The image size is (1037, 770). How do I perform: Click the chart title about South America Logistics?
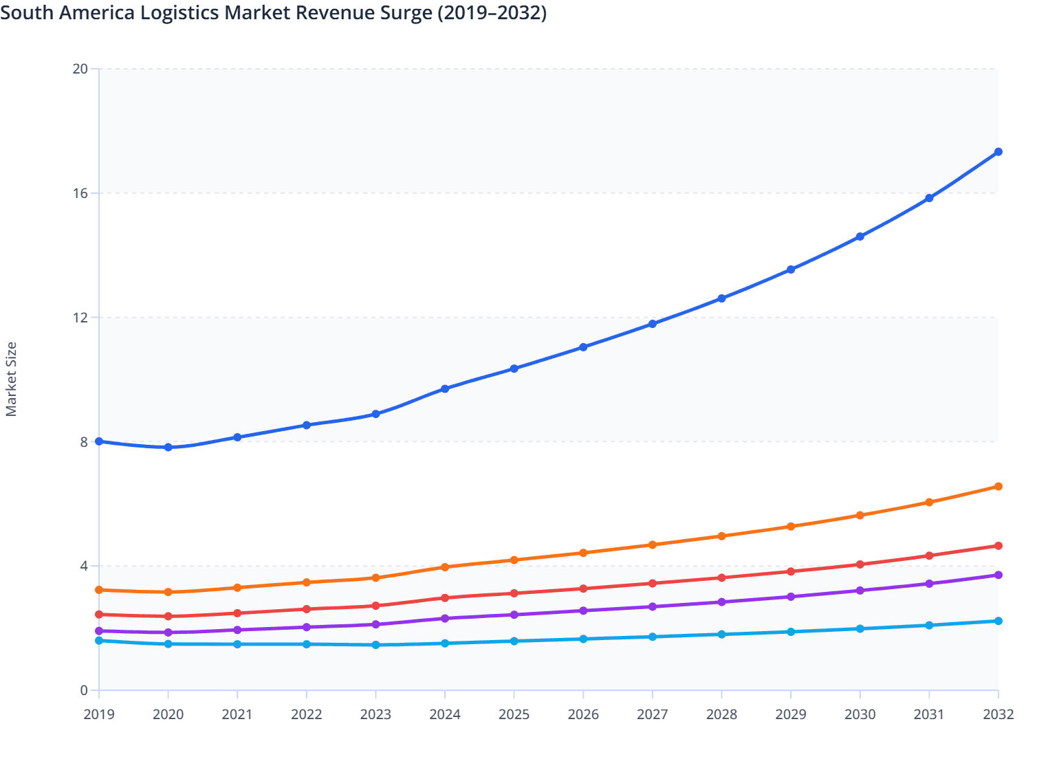[x=274, y=13]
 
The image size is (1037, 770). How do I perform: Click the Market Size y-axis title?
[x=11, y=379]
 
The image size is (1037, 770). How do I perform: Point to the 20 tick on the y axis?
[x=80, y=69]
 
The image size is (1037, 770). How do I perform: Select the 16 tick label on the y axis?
[x=80, y=193]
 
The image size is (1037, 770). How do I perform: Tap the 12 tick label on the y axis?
[x=80, y=318]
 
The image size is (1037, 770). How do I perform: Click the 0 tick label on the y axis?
[x=84, y=690]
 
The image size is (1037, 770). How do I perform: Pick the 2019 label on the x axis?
[x=99, y=714]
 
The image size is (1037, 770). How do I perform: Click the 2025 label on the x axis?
[x=514, y=714]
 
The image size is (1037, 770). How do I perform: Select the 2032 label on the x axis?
[x=998, y=714]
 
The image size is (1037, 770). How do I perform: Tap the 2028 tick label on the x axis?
[x=721, y=714]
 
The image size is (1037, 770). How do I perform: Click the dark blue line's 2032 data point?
[x=998, y=152]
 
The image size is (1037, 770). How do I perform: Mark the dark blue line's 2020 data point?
[x=168, y=448]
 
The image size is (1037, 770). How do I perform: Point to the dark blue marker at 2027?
[x=653, y=324]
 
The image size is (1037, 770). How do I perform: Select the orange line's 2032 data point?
[x=998, y=487]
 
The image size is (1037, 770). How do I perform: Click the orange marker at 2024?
[x=445, y=567]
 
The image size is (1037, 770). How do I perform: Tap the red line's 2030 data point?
[x=860, y=564]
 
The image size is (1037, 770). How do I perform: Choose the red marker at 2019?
[x=99, y=615]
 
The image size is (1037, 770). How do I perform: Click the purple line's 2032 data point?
[x=998, y=575]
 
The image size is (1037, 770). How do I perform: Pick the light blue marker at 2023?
[x=375, y=645]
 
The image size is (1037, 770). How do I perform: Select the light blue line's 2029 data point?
[x=791, y=632]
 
